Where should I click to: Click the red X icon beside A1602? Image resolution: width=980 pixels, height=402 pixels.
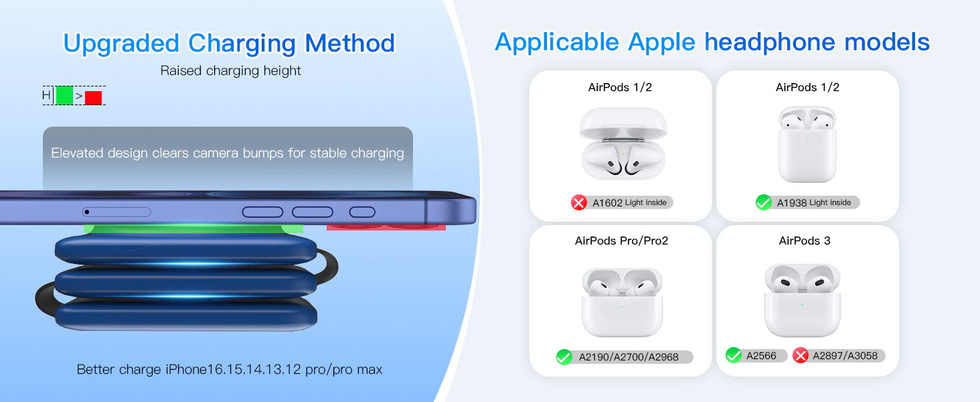[x=579, y=202]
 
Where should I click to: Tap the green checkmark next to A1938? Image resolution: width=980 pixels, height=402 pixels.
[x=764, y=202]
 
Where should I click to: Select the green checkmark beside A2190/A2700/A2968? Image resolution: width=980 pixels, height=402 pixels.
[x=564, y=357]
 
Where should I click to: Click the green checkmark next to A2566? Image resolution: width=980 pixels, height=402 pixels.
[x=734, y=355]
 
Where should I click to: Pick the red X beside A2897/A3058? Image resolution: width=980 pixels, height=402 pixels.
[x=801, y=355]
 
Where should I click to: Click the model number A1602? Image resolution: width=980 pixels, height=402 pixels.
[x=607, y=202]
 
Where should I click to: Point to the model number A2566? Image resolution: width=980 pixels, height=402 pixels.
[x=761, y=355]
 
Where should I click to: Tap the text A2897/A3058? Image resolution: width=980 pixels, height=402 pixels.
[x=845, y=355]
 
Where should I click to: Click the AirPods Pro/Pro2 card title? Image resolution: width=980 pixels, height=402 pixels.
[x=621, y=241]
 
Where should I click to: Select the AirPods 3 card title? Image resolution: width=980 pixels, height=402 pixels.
[x=805, y=241]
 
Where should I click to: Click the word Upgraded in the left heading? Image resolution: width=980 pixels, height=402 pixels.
[x=122, y=44]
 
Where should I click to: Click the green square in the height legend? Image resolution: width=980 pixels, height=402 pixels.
[x=64, y=96]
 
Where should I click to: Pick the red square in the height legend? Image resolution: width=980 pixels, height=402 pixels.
[x=93, y=97]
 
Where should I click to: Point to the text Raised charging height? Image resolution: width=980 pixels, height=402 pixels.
[x=230, y=70]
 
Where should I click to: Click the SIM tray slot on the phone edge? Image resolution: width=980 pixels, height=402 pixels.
[x=116, y=212]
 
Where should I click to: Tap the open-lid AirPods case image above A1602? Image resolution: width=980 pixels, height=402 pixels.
[x=623, y=144]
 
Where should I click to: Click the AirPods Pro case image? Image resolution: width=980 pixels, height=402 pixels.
[x=622, y=301]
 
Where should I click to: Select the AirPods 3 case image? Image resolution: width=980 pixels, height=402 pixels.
[x=802, y=299]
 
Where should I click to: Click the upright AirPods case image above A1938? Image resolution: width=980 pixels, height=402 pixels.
[x=807, y=144]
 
